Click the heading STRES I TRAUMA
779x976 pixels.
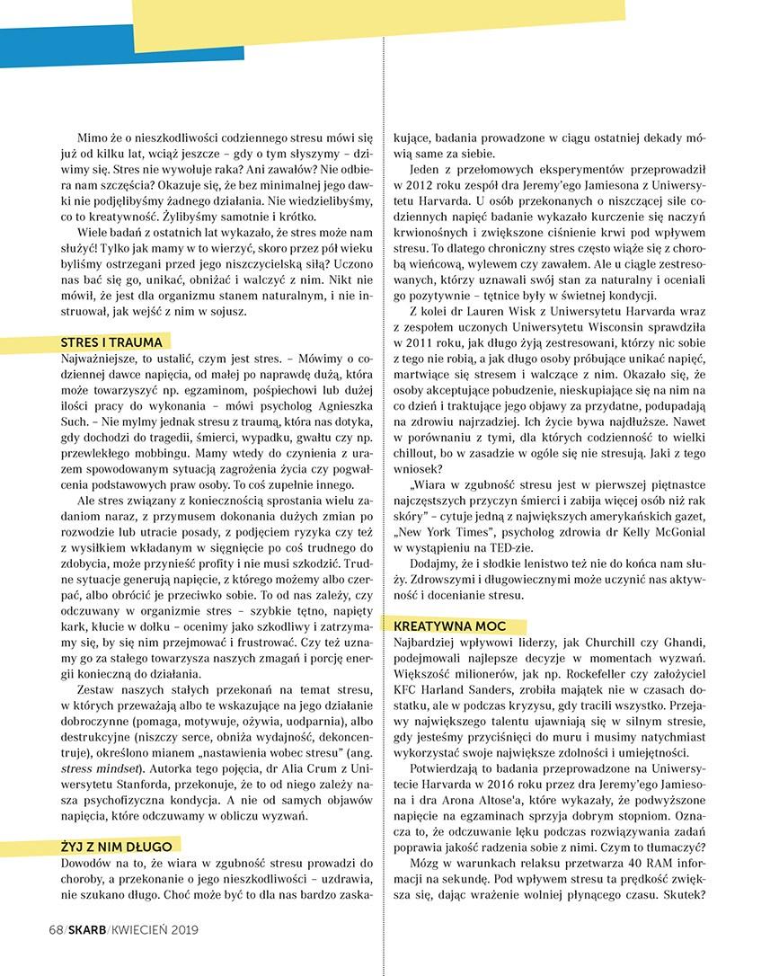[x=111, y=342]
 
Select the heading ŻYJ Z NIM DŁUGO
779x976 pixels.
[x=114, y=845]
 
